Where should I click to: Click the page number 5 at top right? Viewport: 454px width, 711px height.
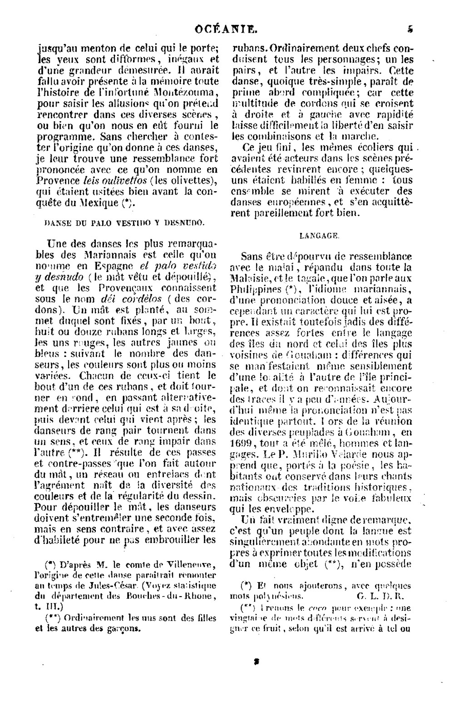click(410, 30)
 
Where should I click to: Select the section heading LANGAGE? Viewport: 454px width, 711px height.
click(319, 236)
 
